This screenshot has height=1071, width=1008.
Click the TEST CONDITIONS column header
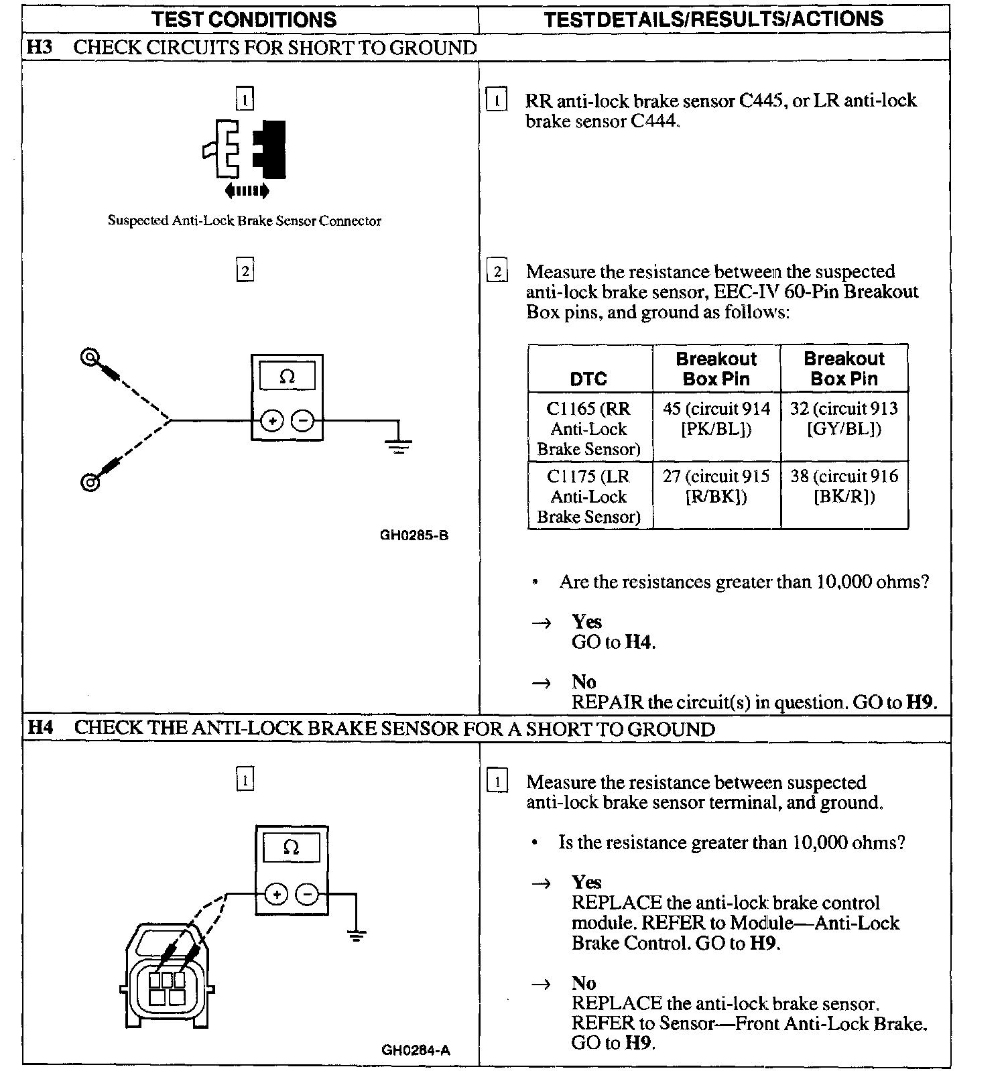click(x=244, y=19)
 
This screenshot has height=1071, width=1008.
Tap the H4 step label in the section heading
click(x=41, y=728)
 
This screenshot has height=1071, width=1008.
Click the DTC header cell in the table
click(x=588, y=379)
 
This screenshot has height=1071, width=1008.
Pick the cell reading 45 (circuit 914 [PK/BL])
click(x=716, y=419)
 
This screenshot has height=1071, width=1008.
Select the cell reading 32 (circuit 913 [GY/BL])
click(x=844, y=419)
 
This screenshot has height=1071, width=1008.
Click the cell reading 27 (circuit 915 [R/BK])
click(x=716, y=487)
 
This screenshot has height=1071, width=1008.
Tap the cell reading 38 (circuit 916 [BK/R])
click(x=844, y=487)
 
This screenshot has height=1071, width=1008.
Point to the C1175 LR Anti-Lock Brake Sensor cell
click(x=588, y=496)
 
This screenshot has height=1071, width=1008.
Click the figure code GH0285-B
click(x=414, y=535)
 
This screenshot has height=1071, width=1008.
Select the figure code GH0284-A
click(x=416, y=1050)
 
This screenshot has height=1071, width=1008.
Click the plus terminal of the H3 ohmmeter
click(x=272, y=422)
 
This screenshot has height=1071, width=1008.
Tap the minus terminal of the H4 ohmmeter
click(x=308, y=894)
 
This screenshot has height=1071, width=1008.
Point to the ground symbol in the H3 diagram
click(x=399, y=446)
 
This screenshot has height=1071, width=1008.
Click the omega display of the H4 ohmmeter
click(x=291, y=848)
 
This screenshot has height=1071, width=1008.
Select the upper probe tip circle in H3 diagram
click(x=89, y=358)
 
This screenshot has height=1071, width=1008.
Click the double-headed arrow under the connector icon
click(x=247, y=191)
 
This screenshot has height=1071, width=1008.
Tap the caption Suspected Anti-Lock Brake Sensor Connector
click(x=245, y=221)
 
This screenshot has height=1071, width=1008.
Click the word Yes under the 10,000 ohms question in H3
click(x=586, y=621)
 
